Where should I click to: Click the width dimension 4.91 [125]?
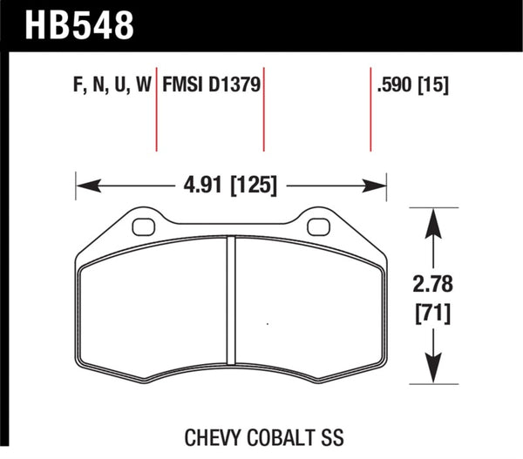(232, 185)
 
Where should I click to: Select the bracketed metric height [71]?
(433, 312)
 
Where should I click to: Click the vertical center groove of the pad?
(232, 305)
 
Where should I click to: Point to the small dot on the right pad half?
(266, 325)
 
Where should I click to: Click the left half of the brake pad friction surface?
(153, 314)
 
